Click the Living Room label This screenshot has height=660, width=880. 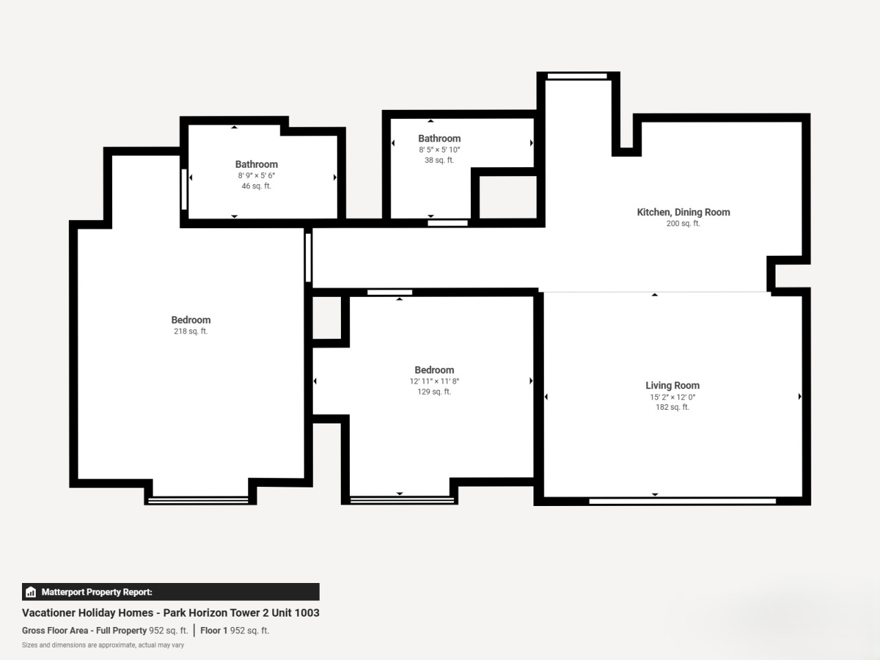point(672,386)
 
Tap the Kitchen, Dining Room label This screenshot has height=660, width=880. point(683,212)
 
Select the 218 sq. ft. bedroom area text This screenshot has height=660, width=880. point(190,331)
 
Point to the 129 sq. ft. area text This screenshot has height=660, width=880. point(434,391)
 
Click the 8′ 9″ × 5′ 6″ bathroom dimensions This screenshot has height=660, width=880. point(256,175)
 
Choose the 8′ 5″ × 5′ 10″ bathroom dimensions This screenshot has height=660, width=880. point(439,149)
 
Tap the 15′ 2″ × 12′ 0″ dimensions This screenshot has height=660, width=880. point(672,397)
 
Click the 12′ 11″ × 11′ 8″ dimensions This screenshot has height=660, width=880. point(434,381)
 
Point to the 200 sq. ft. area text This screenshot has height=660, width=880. point(683,223)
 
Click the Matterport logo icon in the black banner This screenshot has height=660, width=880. point(31,592)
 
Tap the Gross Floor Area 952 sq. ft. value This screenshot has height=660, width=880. point(168,630)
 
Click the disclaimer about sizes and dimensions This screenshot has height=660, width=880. point(103,645)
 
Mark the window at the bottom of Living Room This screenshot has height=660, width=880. point(683,501)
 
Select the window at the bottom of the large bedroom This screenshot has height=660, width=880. point(198,500)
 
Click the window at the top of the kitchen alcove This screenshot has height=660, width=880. point(577,76)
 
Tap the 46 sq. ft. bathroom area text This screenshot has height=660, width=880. point(256,186)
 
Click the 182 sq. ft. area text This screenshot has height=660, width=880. point(672,407)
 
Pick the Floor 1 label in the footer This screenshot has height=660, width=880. point(214,630)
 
